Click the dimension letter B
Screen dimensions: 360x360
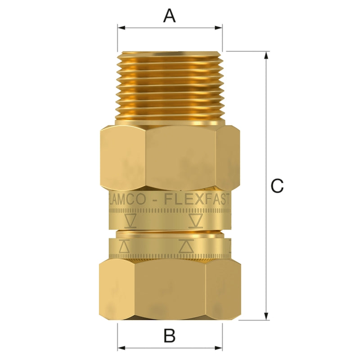coord(169,335)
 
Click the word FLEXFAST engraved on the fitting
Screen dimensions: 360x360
coord(198,199)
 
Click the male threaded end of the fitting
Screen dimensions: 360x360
coord(170,85)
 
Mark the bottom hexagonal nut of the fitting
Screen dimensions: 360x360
coord(170,290)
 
